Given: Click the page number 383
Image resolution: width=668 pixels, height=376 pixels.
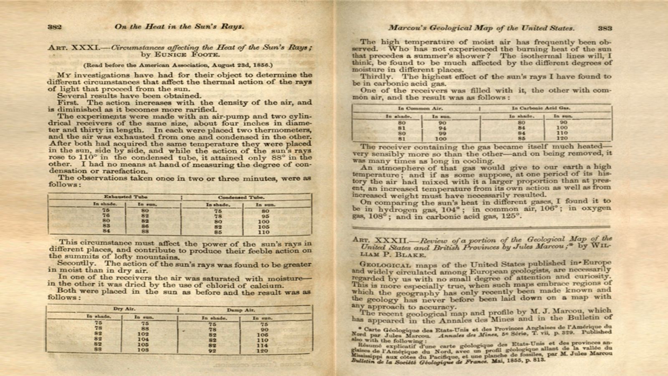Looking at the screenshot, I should click(605, 28).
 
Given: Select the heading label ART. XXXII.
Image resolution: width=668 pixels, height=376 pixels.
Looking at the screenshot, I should click(377, 240).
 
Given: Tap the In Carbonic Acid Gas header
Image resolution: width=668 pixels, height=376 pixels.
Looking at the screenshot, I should click(541, 108).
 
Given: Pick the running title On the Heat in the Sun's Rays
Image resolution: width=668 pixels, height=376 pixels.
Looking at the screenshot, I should click(179, 26).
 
